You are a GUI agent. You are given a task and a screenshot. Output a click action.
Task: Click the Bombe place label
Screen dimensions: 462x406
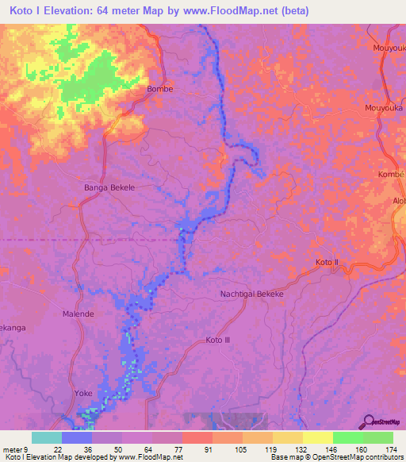coord(160,89)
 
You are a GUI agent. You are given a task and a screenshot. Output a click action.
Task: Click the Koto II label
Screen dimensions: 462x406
coord(327,262)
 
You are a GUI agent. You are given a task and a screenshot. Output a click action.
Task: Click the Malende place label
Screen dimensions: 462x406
coord(79,314)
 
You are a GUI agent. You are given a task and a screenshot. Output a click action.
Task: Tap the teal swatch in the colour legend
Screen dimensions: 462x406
coord(47,437)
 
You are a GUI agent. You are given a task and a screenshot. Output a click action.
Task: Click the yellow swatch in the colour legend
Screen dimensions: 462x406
coord(317,437)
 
